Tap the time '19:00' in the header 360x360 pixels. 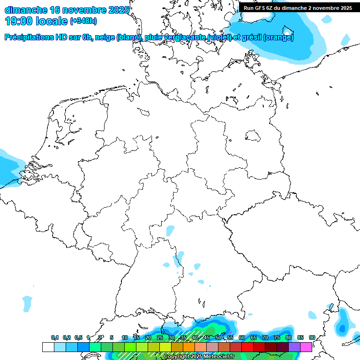[19, 21]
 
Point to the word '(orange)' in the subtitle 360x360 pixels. [278, 37]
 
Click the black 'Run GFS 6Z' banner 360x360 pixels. [298, 8]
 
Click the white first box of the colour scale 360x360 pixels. [48, 347]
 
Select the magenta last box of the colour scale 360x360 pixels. [306, 347]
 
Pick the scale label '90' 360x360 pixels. [312, 337]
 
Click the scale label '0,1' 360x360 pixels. [55, 337]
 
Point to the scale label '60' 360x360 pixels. [241, 337]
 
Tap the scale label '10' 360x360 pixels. [124, 337]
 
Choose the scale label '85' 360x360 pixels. [300, 337]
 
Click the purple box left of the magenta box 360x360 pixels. [294, 347]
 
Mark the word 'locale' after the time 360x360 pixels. [52, 21]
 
